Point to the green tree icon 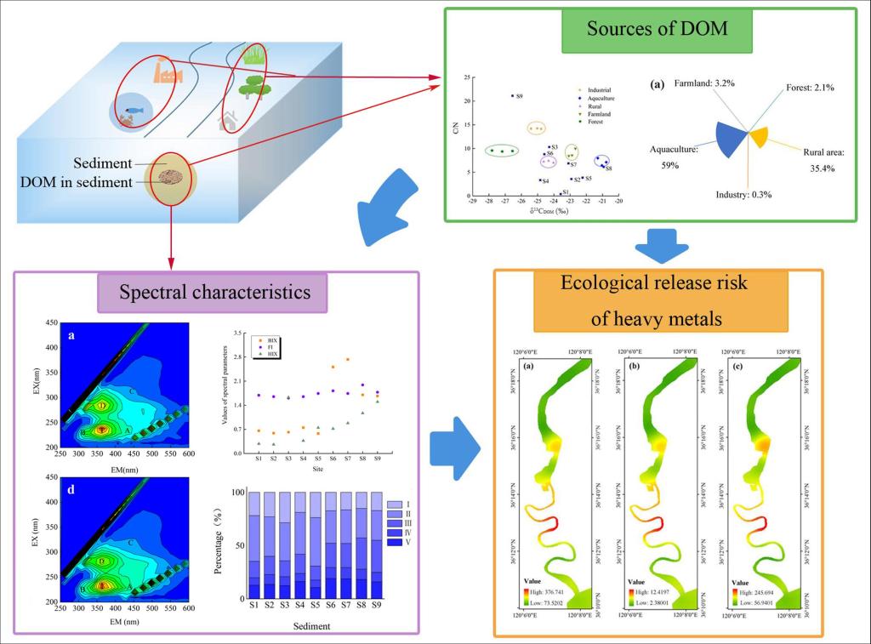coord(252,86)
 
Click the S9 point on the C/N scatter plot coord(512,96)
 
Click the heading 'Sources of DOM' coord(657,29)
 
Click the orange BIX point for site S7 coord(347,360)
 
